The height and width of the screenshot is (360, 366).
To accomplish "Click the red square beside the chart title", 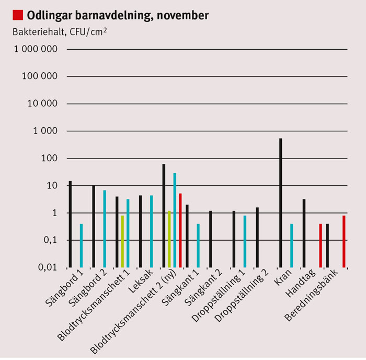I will click(18, 15).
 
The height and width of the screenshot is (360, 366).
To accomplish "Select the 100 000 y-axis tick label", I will click(40, 76).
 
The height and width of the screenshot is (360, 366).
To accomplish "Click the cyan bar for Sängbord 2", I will click(105, 229).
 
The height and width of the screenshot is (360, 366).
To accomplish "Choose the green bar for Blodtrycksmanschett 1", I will click(122, 241).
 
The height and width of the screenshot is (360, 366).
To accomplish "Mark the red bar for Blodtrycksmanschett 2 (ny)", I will click(180, 230).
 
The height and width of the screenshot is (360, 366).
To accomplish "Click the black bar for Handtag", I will click(304, 233).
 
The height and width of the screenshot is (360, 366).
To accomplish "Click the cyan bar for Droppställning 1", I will click(244, 241).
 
